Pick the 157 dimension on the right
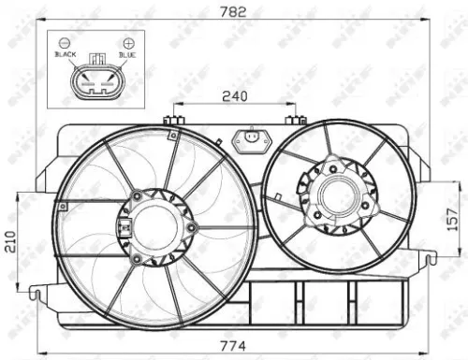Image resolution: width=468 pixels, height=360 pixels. point(452,218)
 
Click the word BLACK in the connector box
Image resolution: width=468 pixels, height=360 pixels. point(65,55)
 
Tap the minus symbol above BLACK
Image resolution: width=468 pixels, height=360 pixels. point(64,43)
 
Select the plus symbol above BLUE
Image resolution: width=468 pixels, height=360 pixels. point(126,43)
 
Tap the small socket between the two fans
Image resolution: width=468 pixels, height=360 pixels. point(249,139)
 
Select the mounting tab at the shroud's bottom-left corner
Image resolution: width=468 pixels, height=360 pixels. point(35,293)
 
